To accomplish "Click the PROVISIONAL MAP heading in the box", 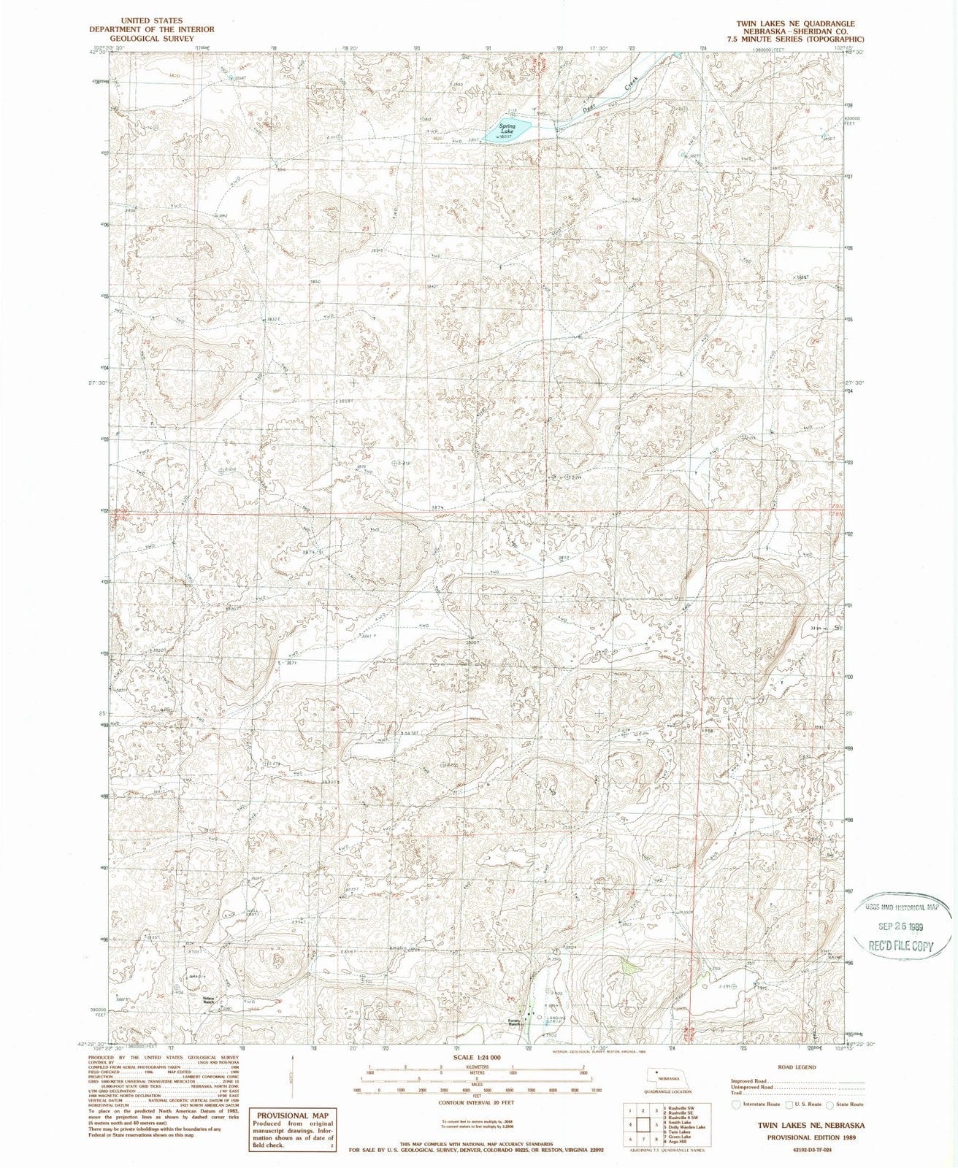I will click(x=292, y=1115).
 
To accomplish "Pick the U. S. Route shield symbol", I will click(x=789, y=1104).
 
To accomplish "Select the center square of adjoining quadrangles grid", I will click(x=643, y=1124).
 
